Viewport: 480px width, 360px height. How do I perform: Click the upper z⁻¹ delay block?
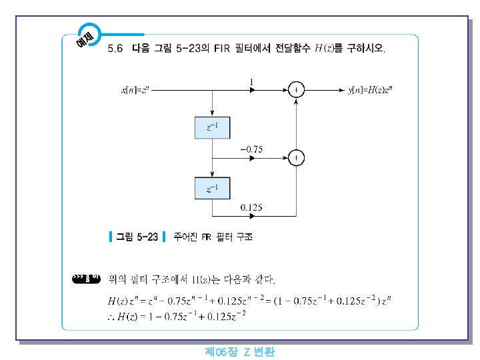point(211,127)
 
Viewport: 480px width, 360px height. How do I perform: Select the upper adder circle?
point(296,89)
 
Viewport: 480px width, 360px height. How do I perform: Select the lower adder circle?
point(296,158)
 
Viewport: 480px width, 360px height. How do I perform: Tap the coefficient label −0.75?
point(251,149)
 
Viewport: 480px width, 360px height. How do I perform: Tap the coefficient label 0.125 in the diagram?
point(251,207)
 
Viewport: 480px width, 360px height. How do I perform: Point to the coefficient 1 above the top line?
point(251,81)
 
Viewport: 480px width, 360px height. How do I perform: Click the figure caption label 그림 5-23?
point(137,237)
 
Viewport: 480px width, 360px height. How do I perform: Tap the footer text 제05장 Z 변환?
point(240,352)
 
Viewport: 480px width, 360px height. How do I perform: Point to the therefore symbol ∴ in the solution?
point(112,315)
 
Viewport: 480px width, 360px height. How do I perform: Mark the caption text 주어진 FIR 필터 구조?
point(213,237)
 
